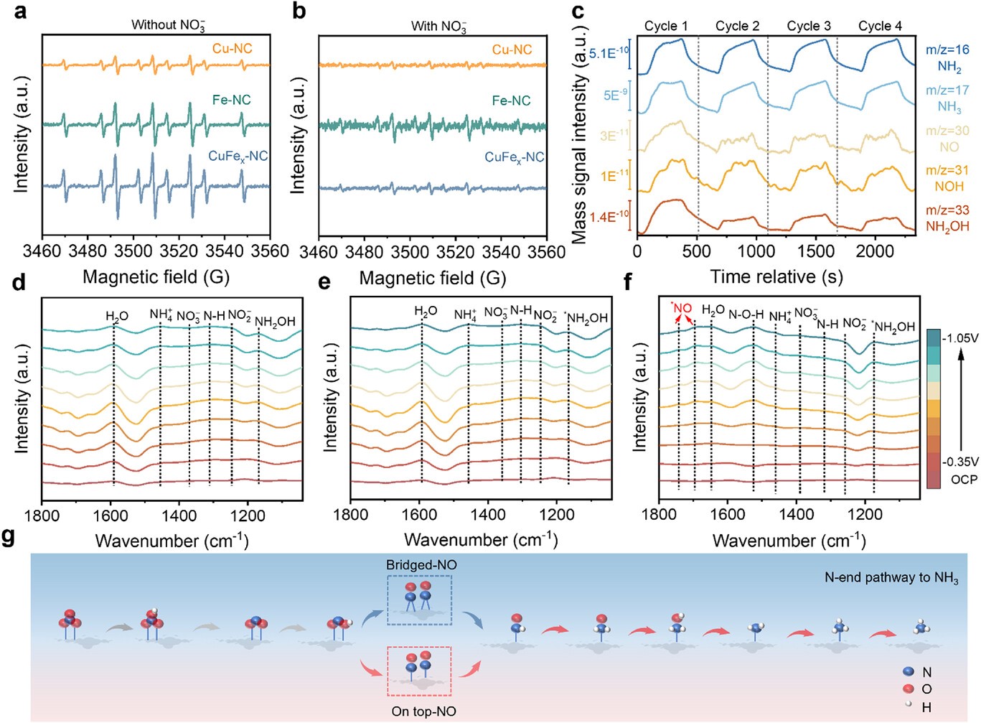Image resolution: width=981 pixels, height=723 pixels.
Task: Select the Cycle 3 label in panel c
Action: coord(809,26)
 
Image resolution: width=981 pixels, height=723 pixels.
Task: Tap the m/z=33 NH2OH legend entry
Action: coord(947,218)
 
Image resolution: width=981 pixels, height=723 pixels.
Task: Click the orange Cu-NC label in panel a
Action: coord(232,49)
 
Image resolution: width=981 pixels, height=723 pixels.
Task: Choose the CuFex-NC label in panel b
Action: coord(514,157)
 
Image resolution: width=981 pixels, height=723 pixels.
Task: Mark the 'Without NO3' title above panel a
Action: coord(168,25)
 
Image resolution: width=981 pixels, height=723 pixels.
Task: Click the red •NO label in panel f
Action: coord(682,309)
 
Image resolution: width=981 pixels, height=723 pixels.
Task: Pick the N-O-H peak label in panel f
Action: coord(746,314)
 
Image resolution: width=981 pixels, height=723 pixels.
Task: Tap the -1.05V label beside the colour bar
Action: coord(959,337)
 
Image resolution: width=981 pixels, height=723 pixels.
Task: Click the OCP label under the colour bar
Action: coord(964,479)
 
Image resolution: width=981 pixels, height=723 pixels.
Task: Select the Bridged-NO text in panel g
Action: coord(421,565)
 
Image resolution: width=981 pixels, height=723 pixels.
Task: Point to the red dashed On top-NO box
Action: coord(419,671)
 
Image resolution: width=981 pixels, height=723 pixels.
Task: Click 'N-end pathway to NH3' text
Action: coord(891,577)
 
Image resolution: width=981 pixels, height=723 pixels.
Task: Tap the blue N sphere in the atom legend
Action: coord(909,671)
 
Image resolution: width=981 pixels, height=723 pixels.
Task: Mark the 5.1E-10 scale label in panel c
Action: coord(608,53)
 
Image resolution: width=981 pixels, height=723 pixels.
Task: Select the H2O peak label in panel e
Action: coord(426,312)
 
